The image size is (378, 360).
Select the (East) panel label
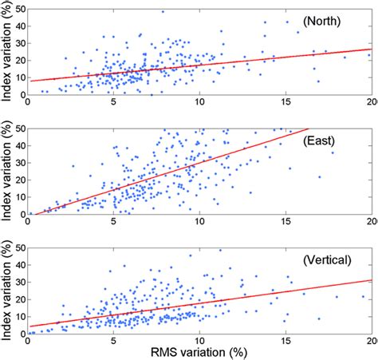coord(319,139)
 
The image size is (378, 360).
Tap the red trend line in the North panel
coord(199,65)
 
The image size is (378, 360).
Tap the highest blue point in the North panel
coord(163,12)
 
